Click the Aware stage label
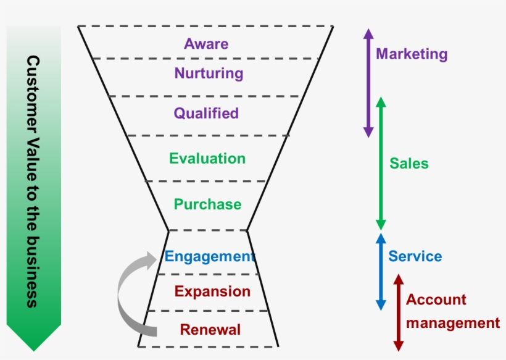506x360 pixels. [206, 44]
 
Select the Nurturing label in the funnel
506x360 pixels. [209, 73]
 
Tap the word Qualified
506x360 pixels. [206, 114]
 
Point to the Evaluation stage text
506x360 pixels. [207, 159]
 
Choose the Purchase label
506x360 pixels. [207, 204]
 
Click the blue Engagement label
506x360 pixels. [210, 257]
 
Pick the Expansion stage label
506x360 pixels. [212, 292]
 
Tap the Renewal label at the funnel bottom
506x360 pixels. [210, 330]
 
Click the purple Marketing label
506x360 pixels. [412, 54]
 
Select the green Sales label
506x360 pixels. [409, 164]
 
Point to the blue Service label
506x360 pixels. [415, 256]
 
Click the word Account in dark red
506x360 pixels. [436, 299]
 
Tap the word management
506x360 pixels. [453, 323]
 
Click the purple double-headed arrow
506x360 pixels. [368, 83]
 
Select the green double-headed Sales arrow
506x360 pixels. [381, 164]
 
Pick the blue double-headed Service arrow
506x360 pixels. [381, 272]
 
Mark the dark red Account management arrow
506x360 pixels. [399, 312]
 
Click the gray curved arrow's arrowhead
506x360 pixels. [151, 260]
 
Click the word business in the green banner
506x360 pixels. [33, 272]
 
